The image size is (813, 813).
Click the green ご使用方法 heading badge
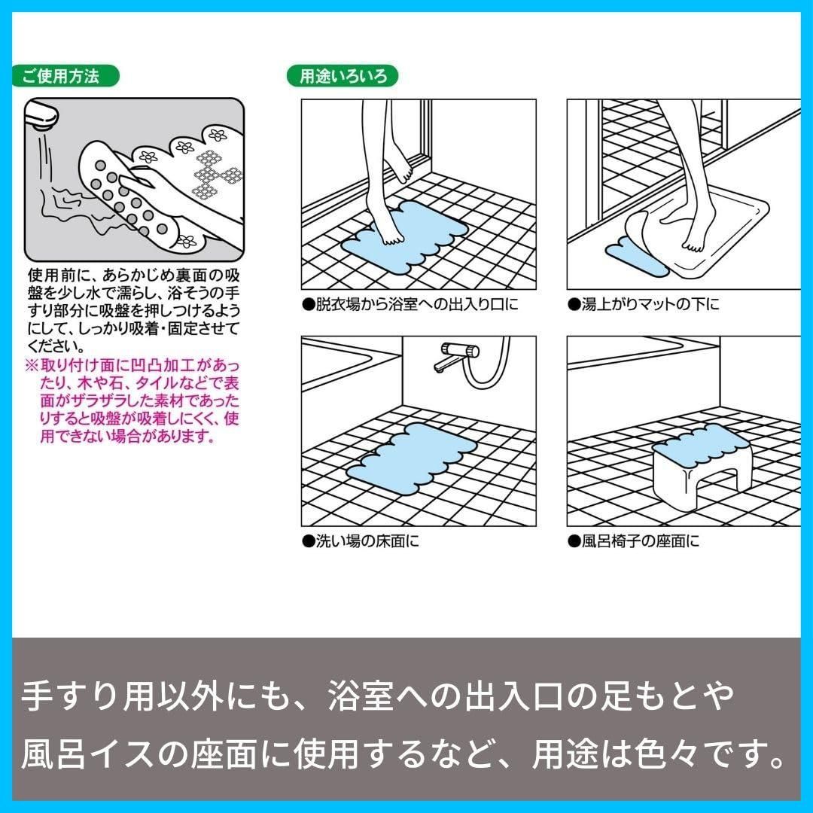65,76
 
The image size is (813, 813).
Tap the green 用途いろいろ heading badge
343,76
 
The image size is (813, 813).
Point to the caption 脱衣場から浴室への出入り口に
411,304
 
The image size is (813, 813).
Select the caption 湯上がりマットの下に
644,304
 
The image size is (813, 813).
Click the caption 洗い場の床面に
361,542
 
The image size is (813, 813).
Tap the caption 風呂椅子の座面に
634,542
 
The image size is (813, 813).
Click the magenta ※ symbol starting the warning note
32,366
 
